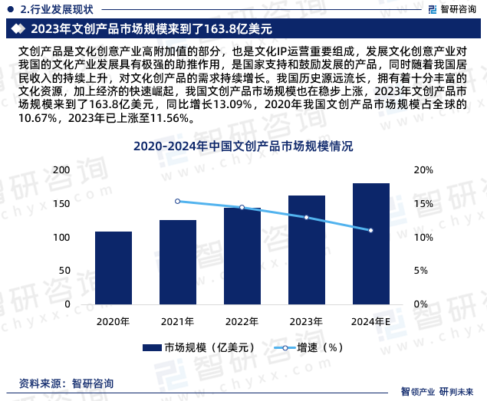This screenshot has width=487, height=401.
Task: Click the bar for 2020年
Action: click(114, 268)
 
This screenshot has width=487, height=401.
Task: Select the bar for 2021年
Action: click(178, 262)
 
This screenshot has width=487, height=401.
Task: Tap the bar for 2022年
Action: click(242, 256)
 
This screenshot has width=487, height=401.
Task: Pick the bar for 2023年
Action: click(307, 250)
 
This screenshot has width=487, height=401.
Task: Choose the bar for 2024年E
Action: click(371, 244)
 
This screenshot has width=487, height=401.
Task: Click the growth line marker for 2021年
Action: click(178, 202)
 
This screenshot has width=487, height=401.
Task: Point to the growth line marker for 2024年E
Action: click(371, 231)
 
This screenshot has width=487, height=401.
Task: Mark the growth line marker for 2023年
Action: click(307, 218)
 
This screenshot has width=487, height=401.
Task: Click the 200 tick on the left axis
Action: click(83, 170)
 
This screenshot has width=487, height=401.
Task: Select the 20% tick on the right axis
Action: click(423, 170)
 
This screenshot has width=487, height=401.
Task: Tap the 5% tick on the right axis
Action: click(420, 271)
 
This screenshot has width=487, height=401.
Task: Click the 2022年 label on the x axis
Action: click(242, 321)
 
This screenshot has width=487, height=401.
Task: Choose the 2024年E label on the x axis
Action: click(371, 321)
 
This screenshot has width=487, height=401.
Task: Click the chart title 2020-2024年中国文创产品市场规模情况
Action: click(243, 146)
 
